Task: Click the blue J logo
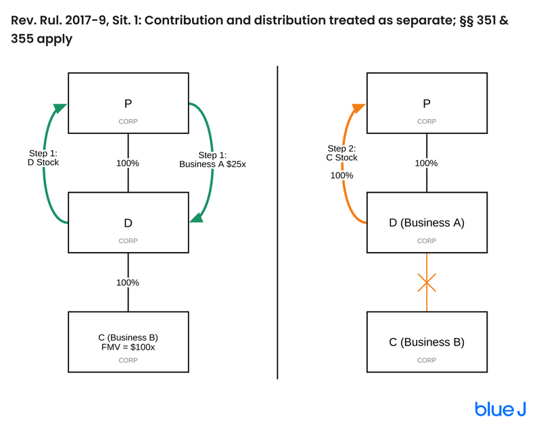click(500, 409)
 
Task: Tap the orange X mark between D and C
click(427, 283)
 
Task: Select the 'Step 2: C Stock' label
click(342, 153)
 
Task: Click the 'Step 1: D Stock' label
click(43, 158)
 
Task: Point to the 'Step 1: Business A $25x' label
click(212, 160)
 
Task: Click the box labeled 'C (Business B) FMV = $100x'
click(128, 342)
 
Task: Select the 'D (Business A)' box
click(427, 222)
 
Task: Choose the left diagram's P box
click(128, 103)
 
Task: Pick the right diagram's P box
click(427, 103)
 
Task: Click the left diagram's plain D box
click(128, 222)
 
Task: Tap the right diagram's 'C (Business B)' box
click(427, 342)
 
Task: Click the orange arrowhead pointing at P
click(358, 108)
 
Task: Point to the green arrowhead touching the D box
click(197, 218)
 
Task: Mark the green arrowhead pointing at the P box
click(60, 108)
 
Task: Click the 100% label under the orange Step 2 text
click(342, 175)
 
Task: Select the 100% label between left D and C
click(128, 283)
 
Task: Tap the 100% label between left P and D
click(128, 163)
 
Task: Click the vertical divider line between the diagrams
click(277, 222)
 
